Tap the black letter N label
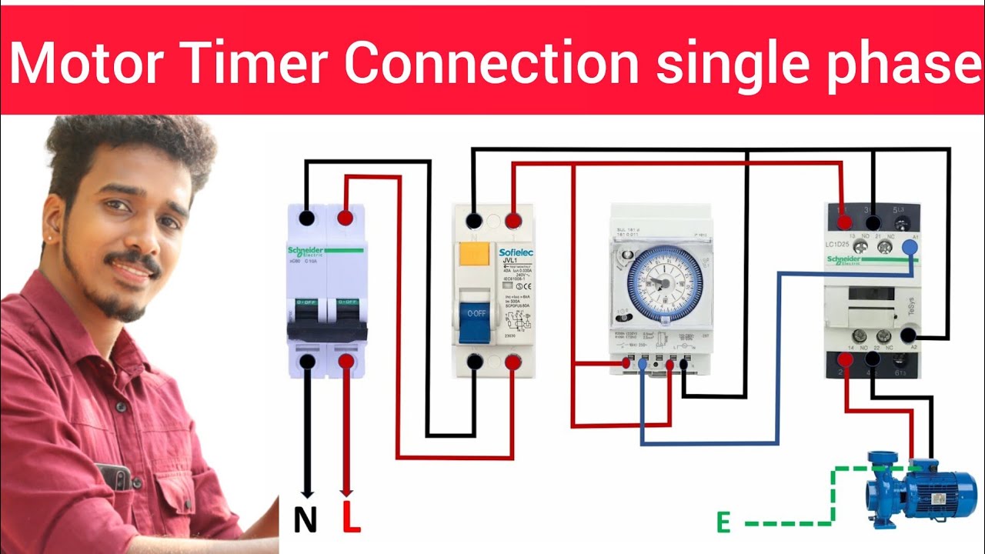point(306,522)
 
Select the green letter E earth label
point(723,523)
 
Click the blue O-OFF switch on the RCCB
point(474,322)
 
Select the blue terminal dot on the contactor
point(910,247)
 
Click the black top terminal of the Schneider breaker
point(307,219)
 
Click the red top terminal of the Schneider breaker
point(346,219)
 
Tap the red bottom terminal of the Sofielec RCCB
point(513,361)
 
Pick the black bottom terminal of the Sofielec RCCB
point(475,361)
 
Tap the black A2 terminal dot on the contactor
point(910,335)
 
